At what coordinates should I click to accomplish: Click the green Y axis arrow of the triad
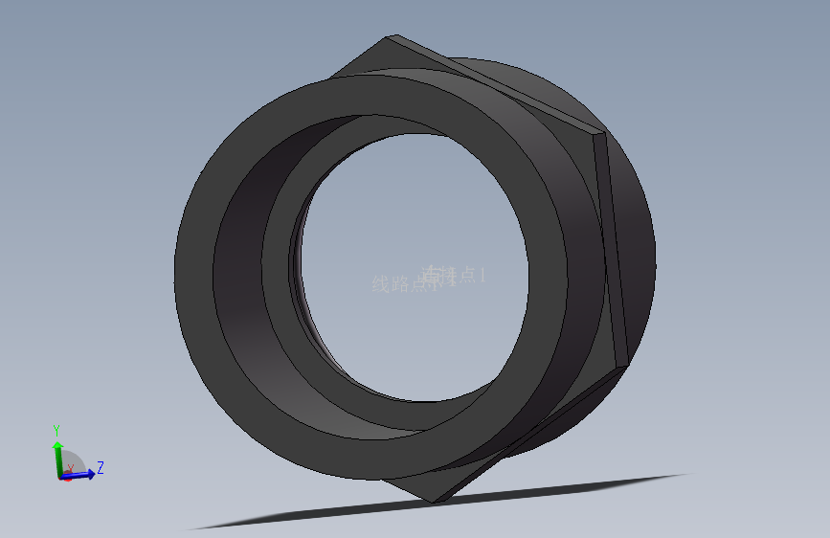coord(57,450)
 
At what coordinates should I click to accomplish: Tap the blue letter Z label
coord(100,467)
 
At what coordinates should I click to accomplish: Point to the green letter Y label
coord(56,429)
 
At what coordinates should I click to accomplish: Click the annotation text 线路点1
coord(402,284)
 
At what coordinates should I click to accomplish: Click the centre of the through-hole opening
coord(412,268)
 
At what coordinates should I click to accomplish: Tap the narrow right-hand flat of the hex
coord(615,249)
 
